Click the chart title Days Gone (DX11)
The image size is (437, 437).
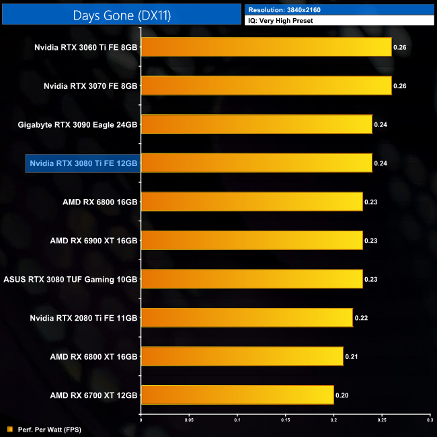(121, 14)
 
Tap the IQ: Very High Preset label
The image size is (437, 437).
(280, 21)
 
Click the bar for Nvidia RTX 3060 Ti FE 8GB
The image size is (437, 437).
(266, 47)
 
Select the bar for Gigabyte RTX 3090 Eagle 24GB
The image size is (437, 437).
(256, 124)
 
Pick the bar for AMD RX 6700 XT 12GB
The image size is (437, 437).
(237, 395)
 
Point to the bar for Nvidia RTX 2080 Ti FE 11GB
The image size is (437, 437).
(247, 317)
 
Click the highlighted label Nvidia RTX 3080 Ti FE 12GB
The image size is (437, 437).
(83, 163)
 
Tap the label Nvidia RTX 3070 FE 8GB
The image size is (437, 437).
(90, 86)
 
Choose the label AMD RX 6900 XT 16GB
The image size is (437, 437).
(93, 241)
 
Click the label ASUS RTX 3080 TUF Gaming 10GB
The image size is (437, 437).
(71, 279)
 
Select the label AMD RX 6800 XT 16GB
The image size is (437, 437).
(93, 356)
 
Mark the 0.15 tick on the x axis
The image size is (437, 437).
(285, 420)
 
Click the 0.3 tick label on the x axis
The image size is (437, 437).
(430, 420)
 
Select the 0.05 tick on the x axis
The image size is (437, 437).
(189, 420)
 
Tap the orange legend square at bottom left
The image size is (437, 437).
(9, 429)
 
